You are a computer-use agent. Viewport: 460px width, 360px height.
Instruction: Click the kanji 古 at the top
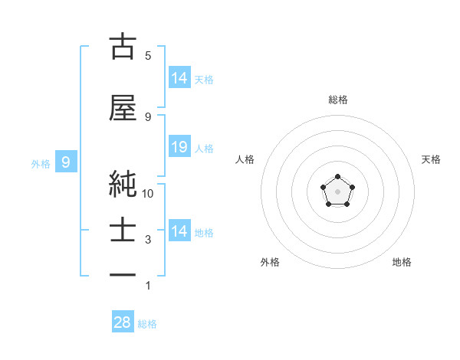coord(123,46)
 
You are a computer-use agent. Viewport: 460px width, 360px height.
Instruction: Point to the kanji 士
coord(123,231)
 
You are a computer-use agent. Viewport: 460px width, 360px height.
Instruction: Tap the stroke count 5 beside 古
coord(148,55)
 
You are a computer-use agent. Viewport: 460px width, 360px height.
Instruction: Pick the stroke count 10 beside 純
coord(149,193)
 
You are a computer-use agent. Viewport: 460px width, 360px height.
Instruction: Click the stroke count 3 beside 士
coord(148,240)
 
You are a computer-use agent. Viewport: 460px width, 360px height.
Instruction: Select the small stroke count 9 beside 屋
coord(148,116)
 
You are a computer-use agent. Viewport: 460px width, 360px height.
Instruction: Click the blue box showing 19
coord(179,147)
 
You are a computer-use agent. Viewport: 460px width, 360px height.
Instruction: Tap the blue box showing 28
coord(123,322)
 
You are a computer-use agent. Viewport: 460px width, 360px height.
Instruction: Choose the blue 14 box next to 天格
coord(179,77)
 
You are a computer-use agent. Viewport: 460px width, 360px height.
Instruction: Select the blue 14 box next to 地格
coord(179,231)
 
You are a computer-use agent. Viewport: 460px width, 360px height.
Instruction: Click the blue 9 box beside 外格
coord(67,162)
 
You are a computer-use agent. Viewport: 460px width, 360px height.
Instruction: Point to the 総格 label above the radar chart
coord(337,100)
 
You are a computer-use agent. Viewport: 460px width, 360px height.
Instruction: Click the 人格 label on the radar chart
coord(245,159)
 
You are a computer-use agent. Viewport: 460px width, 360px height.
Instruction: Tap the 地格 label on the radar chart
coord(402,262)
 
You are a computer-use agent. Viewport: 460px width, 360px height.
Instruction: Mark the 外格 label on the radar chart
coord(270,262)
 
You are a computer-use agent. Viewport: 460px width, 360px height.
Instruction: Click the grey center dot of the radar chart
coord(337,191)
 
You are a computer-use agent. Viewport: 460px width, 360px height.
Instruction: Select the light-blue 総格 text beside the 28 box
coord(147,324)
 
